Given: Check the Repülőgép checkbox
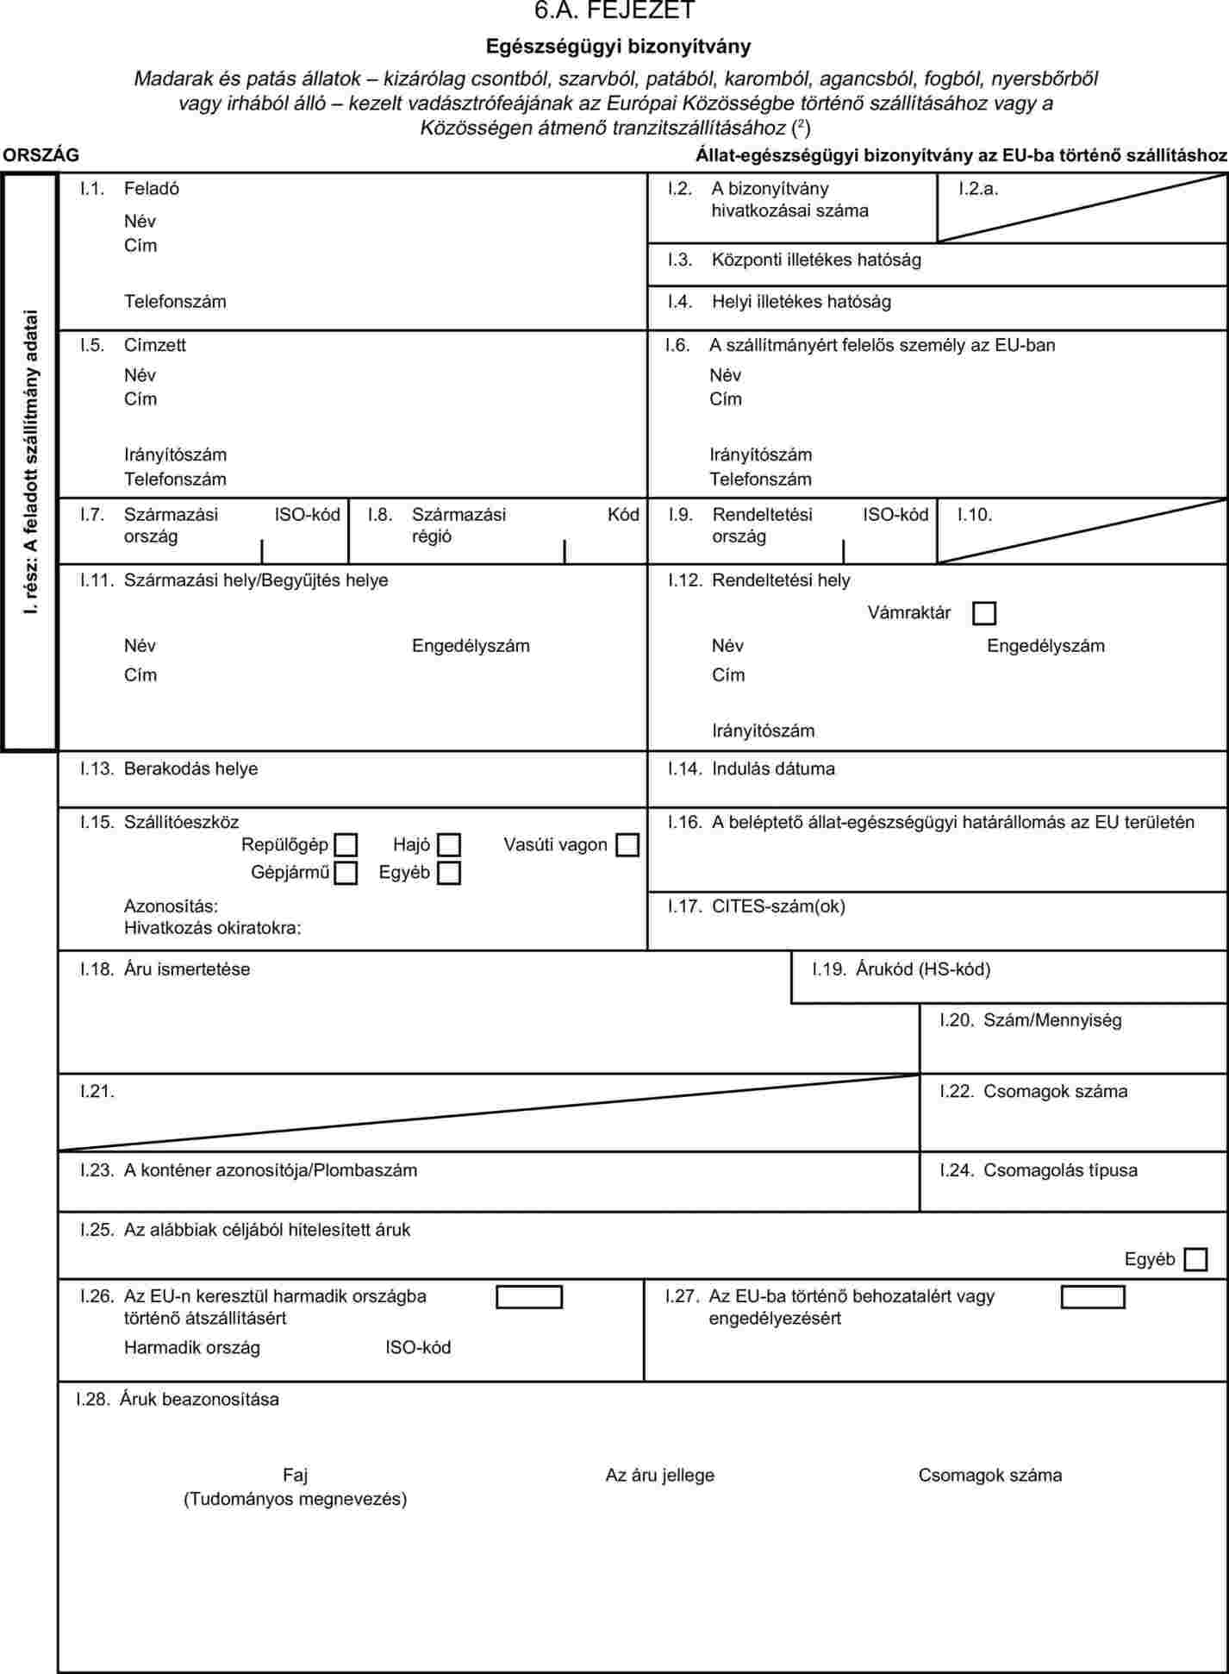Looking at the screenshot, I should (346, 844).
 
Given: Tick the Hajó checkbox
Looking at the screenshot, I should (449, 844).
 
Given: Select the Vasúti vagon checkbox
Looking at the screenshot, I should (627, 844).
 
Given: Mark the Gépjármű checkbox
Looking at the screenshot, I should (346, 873).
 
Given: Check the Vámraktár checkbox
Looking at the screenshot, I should (983, 613).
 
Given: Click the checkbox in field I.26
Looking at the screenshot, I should (529, 1297).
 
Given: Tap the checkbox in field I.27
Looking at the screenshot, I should (1093, 1297).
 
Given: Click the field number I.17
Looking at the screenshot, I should (684, 906).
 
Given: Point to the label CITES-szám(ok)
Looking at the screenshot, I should (778, 906).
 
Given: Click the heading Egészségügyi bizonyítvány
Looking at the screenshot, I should (618, 46).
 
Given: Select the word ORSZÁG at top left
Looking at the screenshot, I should (41, 155).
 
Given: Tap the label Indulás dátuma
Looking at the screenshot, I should (773, 768).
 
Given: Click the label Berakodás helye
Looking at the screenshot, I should (190, 768).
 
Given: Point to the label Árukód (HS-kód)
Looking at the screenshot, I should (923, 969).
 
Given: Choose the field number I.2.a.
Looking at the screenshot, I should (978, 189).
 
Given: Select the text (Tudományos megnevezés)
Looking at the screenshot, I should (295, 1499).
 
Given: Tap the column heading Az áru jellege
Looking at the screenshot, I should (660, 1475).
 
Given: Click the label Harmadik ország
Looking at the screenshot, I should (192, 1347).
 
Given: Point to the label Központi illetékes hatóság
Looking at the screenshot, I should (816, 260).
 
